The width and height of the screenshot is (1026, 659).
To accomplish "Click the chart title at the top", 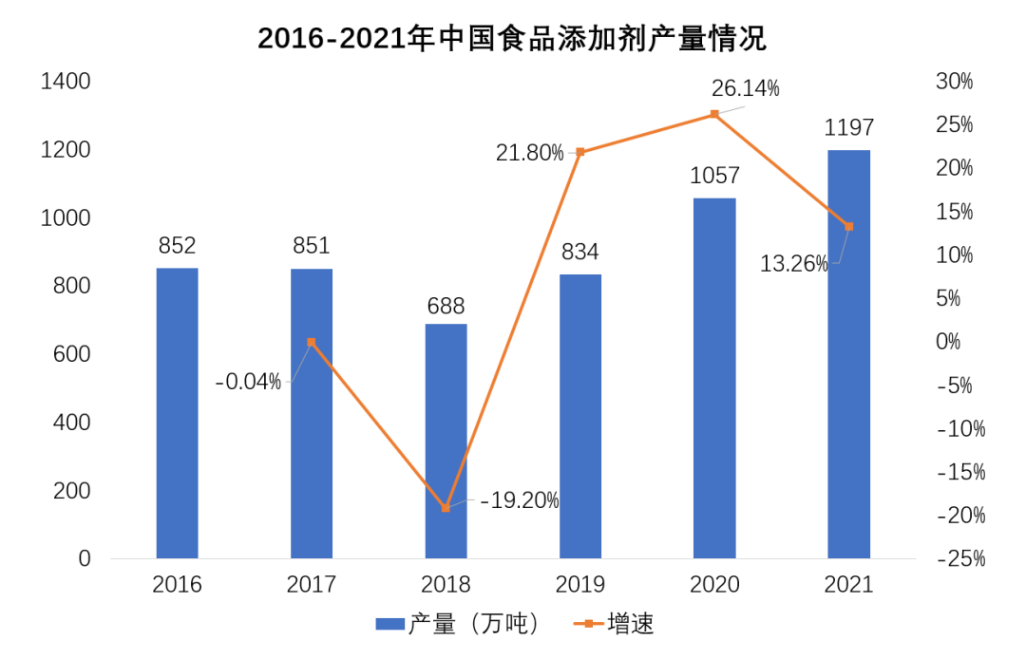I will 512,39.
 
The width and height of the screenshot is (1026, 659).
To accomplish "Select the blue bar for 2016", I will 178,413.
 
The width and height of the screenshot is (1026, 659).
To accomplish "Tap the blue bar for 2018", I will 446,442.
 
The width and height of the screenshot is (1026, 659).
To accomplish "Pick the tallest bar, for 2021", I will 848,353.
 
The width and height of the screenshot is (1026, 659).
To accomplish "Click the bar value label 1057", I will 714,177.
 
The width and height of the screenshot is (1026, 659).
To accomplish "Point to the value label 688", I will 446,306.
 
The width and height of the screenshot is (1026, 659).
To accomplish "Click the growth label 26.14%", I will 746,89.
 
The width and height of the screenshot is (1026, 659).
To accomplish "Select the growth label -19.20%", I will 519,500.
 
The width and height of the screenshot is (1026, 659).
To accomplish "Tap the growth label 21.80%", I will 529,152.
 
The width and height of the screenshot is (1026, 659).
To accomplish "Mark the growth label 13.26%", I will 794,264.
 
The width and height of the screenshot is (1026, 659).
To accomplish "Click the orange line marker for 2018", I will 446,508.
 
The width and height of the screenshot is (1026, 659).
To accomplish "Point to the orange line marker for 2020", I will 714,114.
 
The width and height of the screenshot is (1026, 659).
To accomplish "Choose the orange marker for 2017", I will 312,342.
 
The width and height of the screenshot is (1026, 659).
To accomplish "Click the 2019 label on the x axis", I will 579,584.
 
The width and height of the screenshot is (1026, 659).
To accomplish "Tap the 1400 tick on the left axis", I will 66,82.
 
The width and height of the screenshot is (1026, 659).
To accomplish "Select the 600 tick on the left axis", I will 72,354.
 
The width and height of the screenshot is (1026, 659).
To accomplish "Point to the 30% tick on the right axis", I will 954,82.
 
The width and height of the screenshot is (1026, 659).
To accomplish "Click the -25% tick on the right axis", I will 959,559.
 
